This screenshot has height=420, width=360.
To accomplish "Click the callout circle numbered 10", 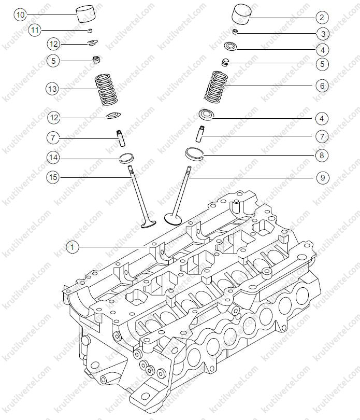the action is tap(20, 15).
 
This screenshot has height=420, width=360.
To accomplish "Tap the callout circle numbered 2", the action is tap(322, 18).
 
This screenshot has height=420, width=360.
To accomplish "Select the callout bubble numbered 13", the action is tap(52, 89).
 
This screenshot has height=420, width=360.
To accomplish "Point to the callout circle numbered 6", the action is tap(322, 86).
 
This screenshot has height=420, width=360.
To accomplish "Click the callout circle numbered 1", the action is tap(72, 247).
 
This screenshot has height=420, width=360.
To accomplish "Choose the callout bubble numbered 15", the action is tap(53, 177).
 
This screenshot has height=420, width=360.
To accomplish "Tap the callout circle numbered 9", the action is tap(323, 177).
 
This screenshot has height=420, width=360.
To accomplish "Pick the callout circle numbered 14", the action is tap(53, 158).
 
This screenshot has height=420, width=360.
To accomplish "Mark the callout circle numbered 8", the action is tap(322, 156).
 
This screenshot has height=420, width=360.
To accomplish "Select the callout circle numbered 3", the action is tap(323, 34).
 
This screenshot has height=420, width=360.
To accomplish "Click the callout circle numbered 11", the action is tap(35, 30).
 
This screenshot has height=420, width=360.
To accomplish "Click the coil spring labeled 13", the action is tap(106, 90).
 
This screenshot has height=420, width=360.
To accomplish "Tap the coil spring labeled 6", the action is tap(216, 87).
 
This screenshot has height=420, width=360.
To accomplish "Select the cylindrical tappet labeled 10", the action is tap(85, 15).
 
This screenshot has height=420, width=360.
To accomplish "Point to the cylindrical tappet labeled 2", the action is tap(241, 14).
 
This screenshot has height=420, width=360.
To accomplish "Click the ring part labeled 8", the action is tap(195, 153).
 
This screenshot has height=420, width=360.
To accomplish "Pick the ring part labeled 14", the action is tap(126, 158).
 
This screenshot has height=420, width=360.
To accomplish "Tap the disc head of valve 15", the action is tap(148, 224).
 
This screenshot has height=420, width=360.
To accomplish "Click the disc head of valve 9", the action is tap(173, 218).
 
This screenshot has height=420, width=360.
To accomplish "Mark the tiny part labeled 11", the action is tap(90, 30).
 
